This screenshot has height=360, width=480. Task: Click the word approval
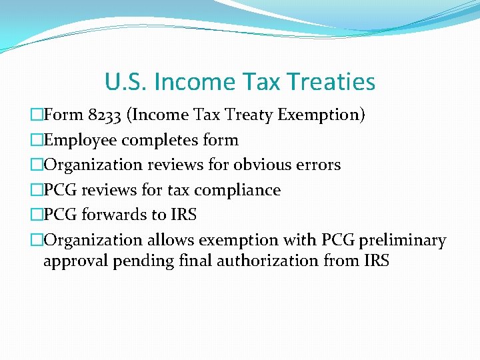[x=75, y=261]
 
